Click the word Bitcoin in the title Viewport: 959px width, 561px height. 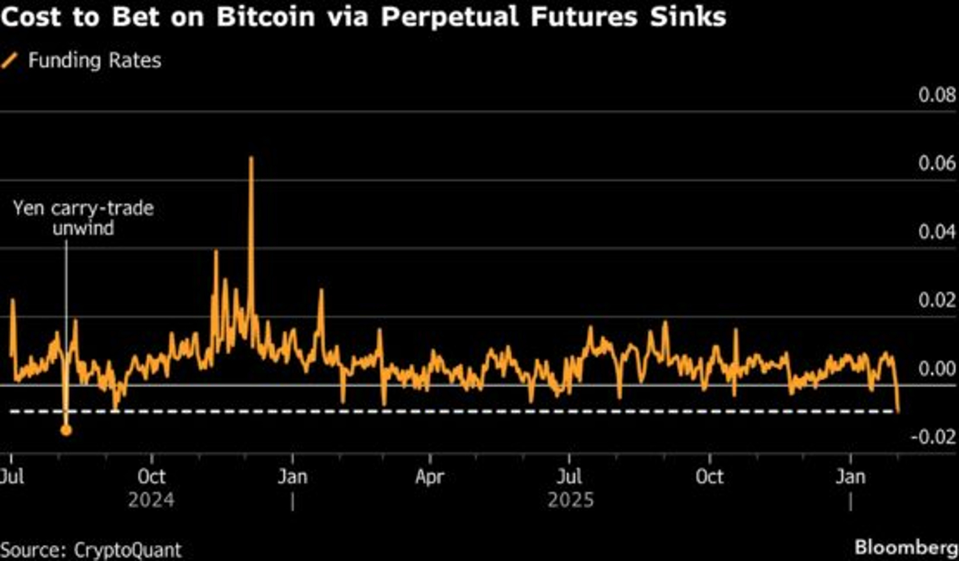265,17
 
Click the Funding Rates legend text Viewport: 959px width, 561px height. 95,61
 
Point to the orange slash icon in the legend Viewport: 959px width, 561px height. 10,61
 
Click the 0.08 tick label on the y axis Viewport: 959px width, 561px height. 937,95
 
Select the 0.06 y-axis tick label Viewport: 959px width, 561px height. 937,163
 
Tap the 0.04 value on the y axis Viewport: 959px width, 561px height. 937,231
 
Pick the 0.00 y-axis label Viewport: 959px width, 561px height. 937,369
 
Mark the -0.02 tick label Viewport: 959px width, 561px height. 933,437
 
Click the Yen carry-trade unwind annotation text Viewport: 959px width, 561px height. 83,218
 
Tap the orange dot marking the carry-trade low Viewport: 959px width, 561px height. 66,430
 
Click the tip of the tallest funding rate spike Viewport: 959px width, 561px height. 251,158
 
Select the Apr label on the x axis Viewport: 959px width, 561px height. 429,477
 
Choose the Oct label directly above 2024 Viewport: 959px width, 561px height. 152,477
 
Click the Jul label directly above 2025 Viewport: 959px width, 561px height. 569,477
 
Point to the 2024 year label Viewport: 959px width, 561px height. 151,500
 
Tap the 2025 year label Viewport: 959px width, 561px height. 570,500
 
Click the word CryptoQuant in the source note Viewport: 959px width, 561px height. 127,550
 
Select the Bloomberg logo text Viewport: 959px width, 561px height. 905,548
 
